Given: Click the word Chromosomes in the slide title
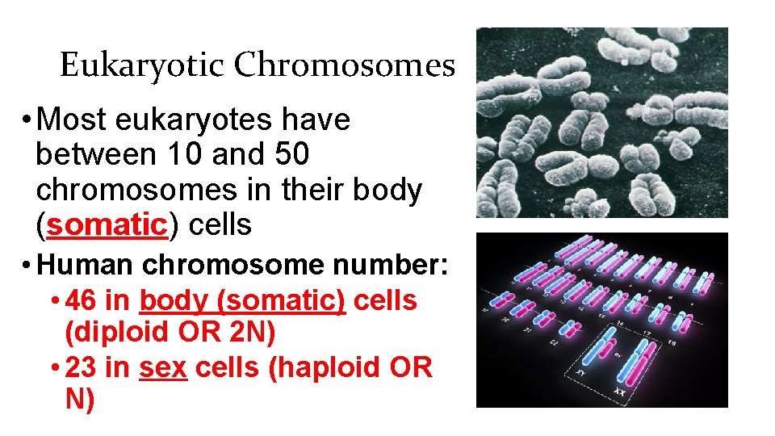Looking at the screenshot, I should point(345,65).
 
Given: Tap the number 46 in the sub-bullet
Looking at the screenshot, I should point(82,300).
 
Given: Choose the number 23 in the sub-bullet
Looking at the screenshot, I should point(82,367).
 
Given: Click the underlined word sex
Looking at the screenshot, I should point(163,367).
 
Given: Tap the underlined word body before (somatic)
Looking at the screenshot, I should point(172,300).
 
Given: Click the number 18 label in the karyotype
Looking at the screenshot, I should point(672,343).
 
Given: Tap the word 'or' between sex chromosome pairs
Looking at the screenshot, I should point(616,354).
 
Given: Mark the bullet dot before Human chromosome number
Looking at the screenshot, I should point(27,265).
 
